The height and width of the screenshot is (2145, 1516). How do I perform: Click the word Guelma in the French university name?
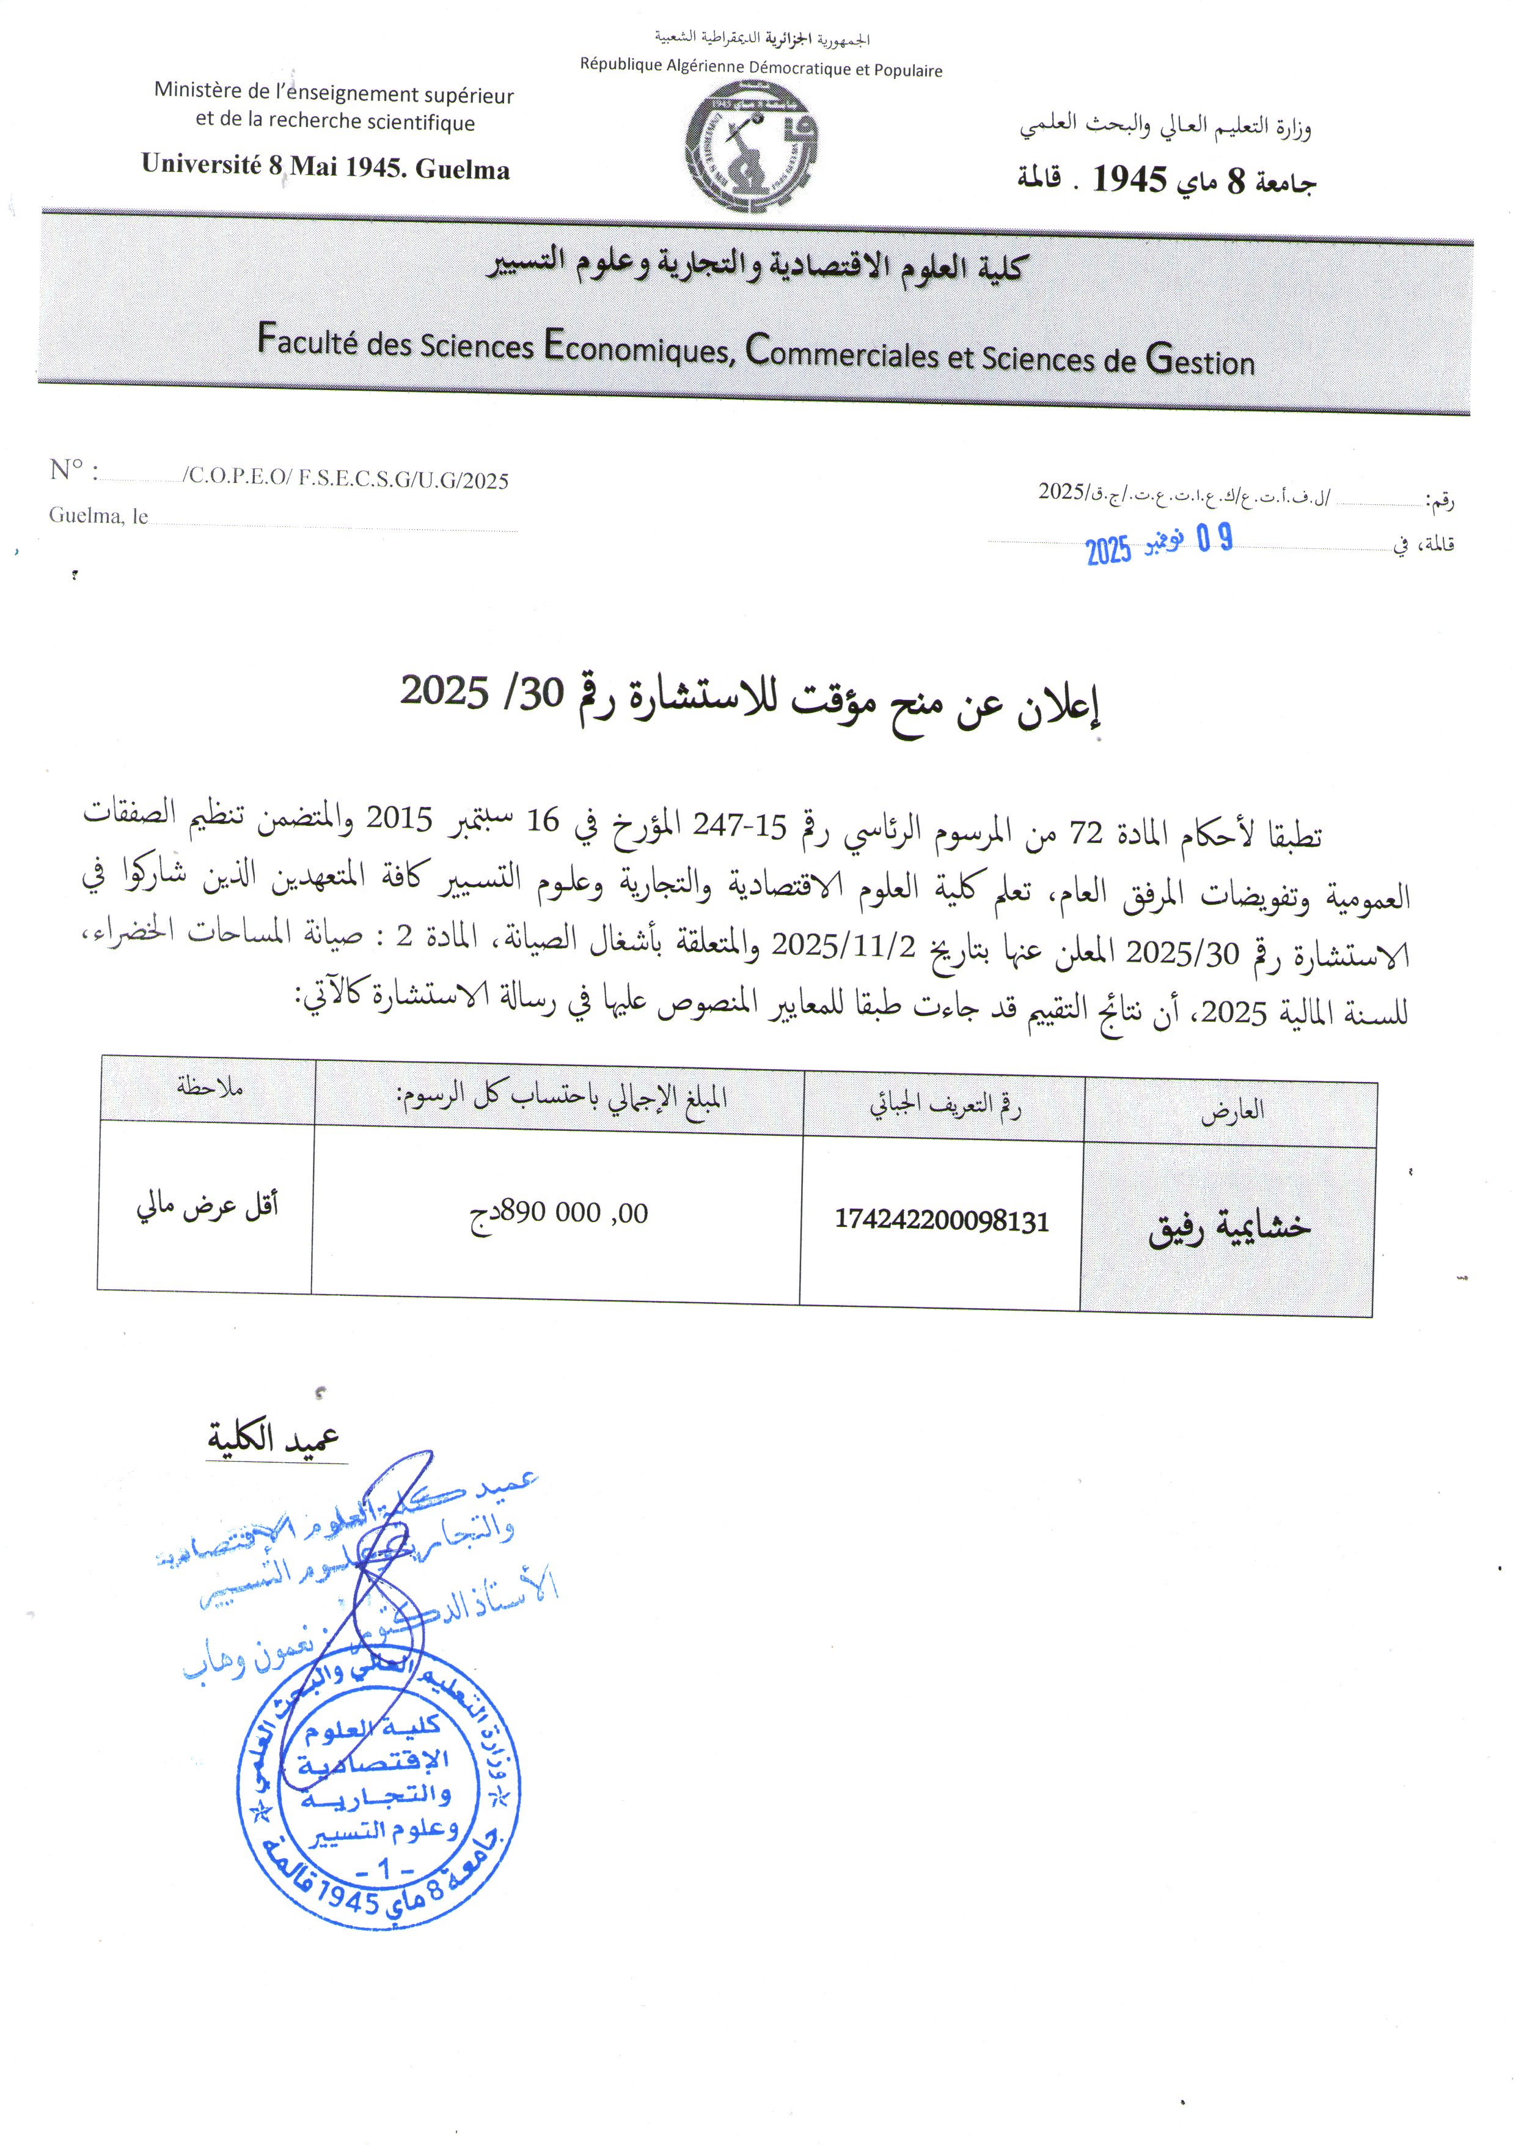pyautogui.click(x=463, y=169)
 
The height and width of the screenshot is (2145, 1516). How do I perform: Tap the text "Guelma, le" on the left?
pyautogui.click(x=98, y=516)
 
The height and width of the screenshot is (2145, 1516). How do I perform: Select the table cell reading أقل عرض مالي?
pyautogui.click(x=207, y=1206)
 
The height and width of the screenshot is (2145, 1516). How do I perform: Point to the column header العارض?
pyautogui.click(x=1232, y=1110)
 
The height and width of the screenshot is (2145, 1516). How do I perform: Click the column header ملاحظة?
pyautogui.click(x=209, y=1086)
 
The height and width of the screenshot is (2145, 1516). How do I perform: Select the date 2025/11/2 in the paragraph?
pyautogui.click(x=843, y=946)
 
